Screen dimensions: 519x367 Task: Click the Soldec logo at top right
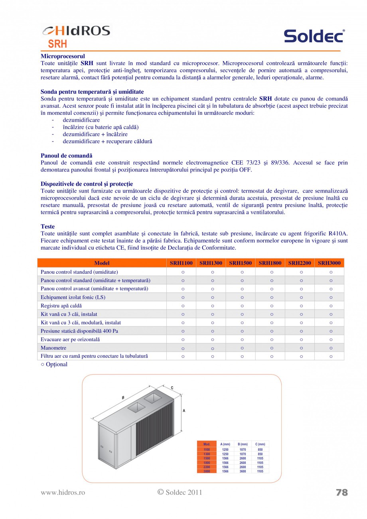314,36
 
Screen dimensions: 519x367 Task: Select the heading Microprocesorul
63,56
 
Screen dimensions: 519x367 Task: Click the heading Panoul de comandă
66,156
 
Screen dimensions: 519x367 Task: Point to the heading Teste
47,227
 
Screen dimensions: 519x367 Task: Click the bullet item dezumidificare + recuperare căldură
107,141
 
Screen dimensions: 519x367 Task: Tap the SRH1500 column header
241,263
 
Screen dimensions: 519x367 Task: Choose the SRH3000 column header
329,263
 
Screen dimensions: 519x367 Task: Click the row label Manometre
53,348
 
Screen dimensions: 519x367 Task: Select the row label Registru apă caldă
61,306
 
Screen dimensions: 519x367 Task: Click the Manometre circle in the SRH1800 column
272,348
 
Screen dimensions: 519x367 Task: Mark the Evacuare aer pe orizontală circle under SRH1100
183,339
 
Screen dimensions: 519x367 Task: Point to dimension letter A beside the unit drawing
183,410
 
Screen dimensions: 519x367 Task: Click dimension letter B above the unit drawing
123,397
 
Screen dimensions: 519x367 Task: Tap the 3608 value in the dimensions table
243,471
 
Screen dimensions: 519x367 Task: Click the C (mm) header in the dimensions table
260,444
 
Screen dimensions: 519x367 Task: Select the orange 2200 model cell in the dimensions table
207,467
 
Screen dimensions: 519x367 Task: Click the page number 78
342,492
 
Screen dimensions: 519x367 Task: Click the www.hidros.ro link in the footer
63,493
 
